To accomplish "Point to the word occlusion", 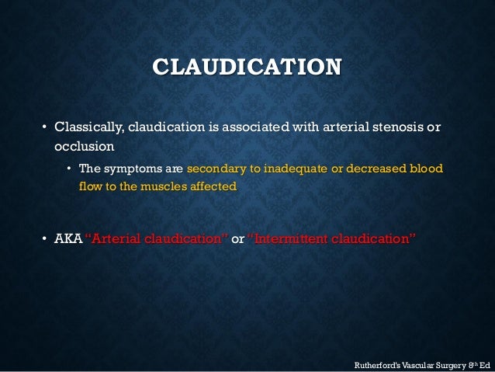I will tap(84, 145).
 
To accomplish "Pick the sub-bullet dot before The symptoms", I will tap(69, 170).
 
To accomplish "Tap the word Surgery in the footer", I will tap(445, 362).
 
